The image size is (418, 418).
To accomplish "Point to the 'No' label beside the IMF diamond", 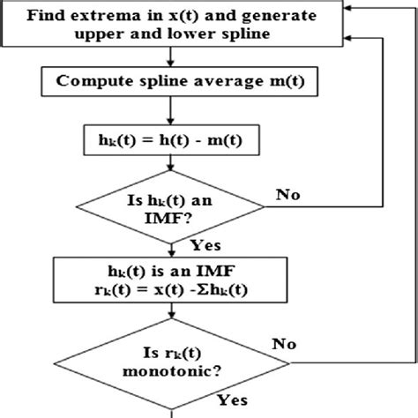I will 287,191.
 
